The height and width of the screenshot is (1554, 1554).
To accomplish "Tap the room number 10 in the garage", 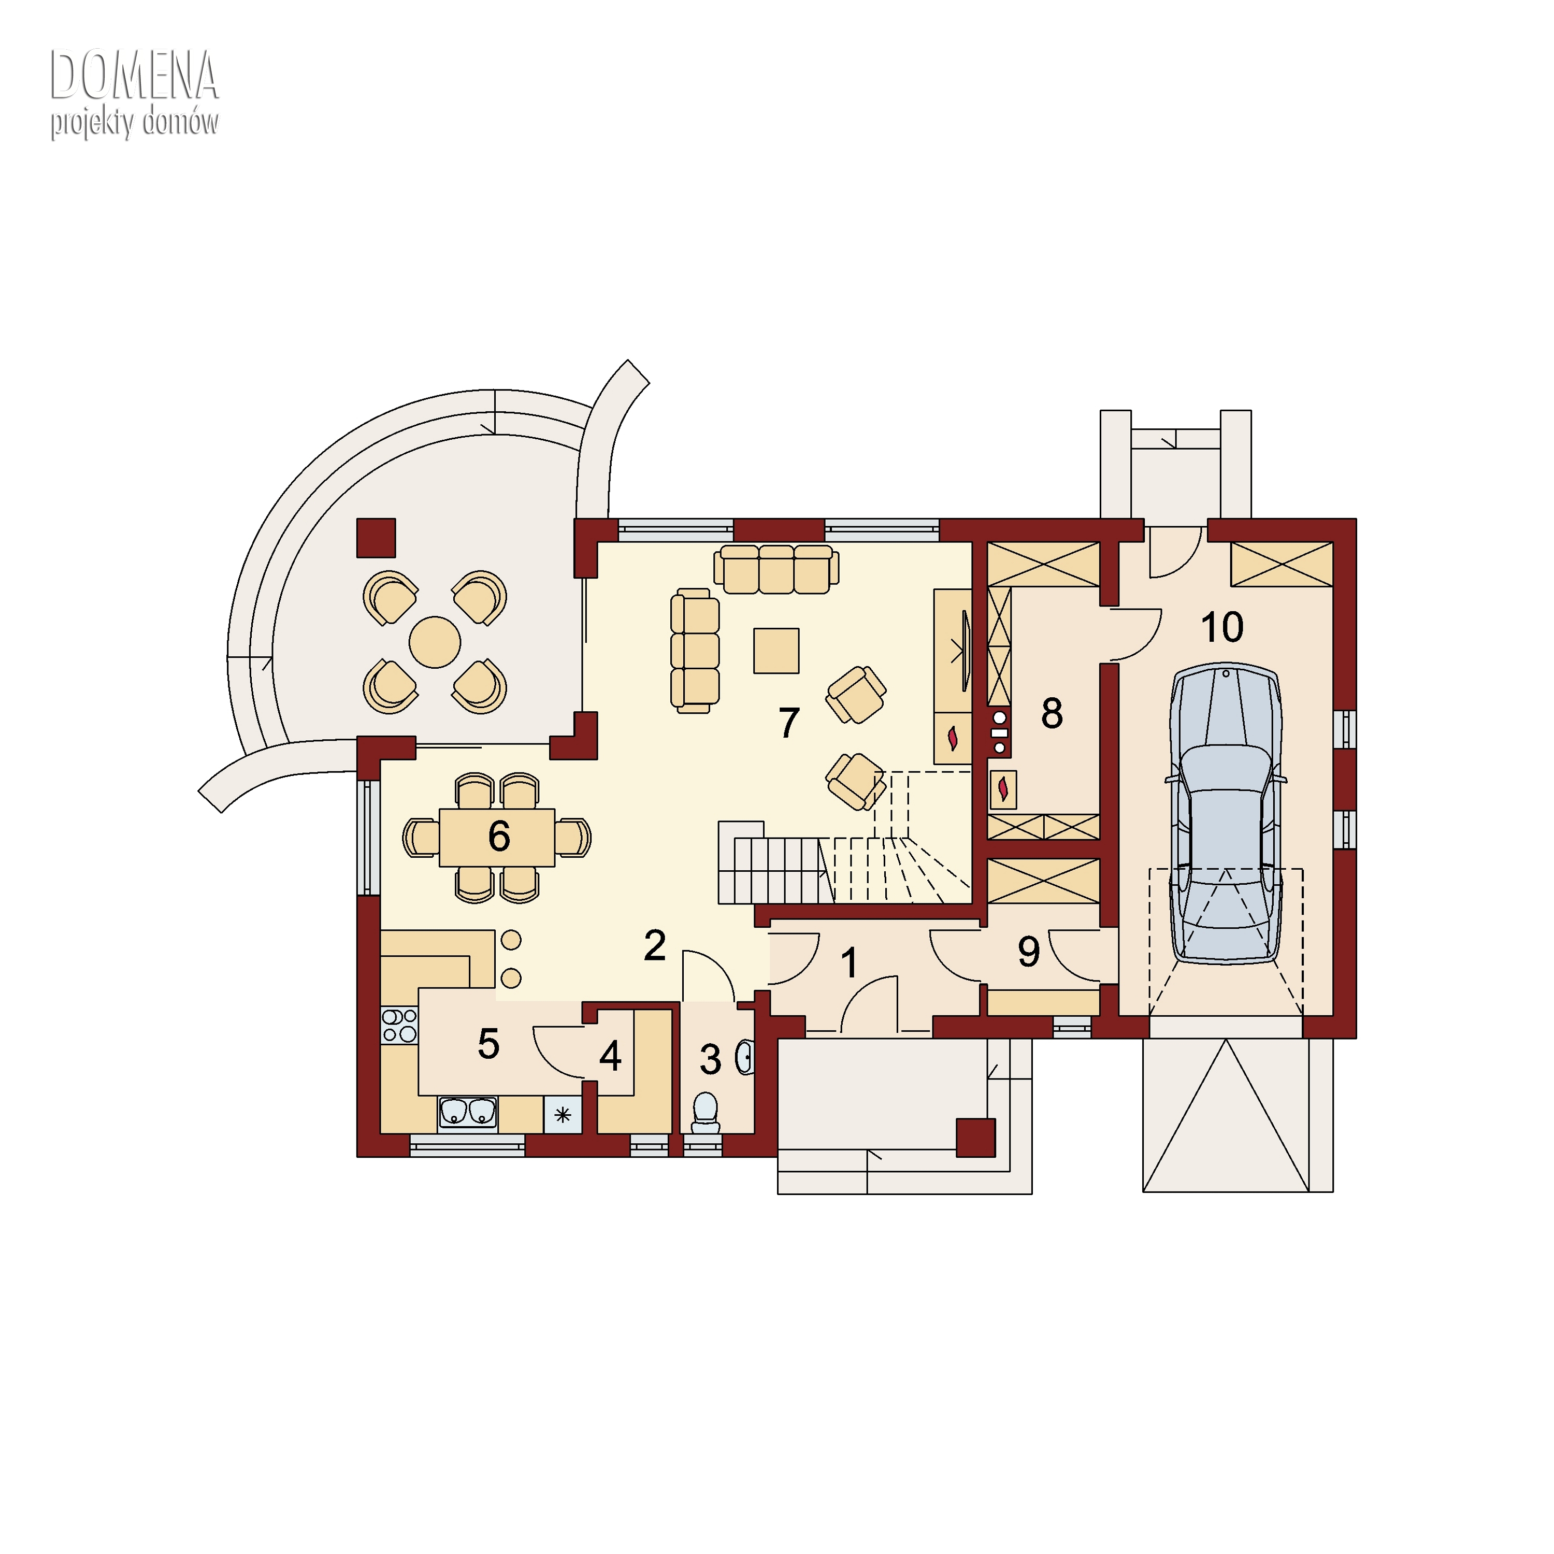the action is (1222, 627).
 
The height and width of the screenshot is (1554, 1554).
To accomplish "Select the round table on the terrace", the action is (435, 642).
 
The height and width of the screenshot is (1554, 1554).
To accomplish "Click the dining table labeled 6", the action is (497, 837).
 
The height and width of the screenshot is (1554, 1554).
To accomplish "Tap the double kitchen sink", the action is (467, 1113).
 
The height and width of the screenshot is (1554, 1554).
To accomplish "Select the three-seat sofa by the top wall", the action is (776, 569).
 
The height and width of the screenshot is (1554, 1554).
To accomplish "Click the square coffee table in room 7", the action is (776, 651).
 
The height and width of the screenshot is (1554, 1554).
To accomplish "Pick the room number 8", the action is (1052, 713).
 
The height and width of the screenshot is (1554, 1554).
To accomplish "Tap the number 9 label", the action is (1029, 952).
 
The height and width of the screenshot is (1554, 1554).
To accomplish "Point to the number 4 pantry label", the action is (611, 1057).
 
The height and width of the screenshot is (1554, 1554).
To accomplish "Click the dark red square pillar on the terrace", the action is (376, 538).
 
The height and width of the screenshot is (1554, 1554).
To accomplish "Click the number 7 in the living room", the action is (789, 722).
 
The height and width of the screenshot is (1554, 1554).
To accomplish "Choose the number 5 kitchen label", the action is (488, 1044).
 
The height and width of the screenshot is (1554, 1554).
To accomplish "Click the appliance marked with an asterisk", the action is (562, 1115).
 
